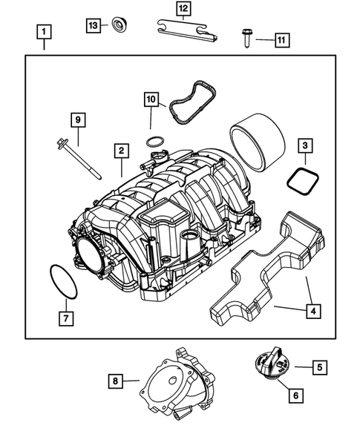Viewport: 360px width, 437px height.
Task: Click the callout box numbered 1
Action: click(45, 32)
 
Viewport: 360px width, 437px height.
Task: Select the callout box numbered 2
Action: click(119, 151)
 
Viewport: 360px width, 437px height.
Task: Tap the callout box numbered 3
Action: click(305, 146)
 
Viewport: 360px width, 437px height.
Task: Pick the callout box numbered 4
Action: click(315, 312)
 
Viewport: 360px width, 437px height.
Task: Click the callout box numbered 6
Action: click(295, 395)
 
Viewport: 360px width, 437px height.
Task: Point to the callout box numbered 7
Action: click(66, 319)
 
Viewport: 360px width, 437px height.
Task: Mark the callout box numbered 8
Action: click(115, 381)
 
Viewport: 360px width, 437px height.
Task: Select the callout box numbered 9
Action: click(77, 119)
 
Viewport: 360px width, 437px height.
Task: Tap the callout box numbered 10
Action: click(151, 99)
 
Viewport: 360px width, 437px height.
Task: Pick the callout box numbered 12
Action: click(182, 10)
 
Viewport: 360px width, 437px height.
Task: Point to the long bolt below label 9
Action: click(77, 157)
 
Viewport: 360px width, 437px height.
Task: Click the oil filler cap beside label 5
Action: click(271, 366)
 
